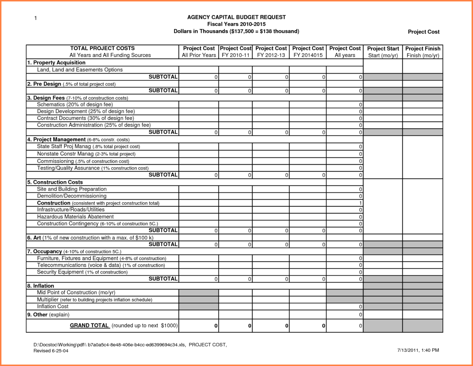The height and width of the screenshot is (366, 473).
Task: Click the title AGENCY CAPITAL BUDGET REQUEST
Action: tap(236, 17)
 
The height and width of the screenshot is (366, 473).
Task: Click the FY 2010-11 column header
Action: tap(235, 52)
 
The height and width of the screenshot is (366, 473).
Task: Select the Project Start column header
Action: tap(383, 52)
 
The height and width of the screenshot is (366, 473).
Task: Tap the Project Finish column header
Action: tap(423, 52)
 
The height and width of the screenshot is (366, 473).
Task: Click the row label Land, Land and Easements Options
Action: tap(80, 70)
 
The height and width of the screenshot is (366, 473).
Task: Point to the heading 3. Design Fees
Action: tap(46, 98)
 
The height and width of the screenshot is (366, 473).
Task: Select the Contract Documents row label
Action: tap(86, 118)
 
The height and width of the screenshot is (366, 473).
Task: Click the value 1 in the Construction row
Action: tap(361, 203)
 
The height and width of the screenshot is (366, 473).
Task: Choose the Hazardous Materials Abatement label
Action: tap(75, 217)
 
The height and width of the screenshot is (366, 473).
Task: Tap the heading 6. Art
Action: tap(34, 238)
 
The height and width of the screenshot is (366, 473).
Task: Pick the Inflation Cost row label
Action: tap(53, 306)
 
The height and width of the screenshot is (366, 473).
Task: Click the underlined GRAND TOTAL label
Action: tap(89, 325)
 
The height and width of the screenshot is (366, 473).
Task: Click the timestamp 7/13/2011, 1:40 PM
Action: tap(418, 350)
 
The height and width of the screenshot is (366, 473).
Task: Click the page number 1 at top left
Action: tap(35, 18)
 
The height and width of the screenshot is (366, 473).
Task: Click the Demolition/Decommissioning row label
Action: tap(72, 196)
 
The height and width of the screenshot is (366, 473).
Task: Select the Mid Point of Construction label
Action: tap(76, 292)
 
